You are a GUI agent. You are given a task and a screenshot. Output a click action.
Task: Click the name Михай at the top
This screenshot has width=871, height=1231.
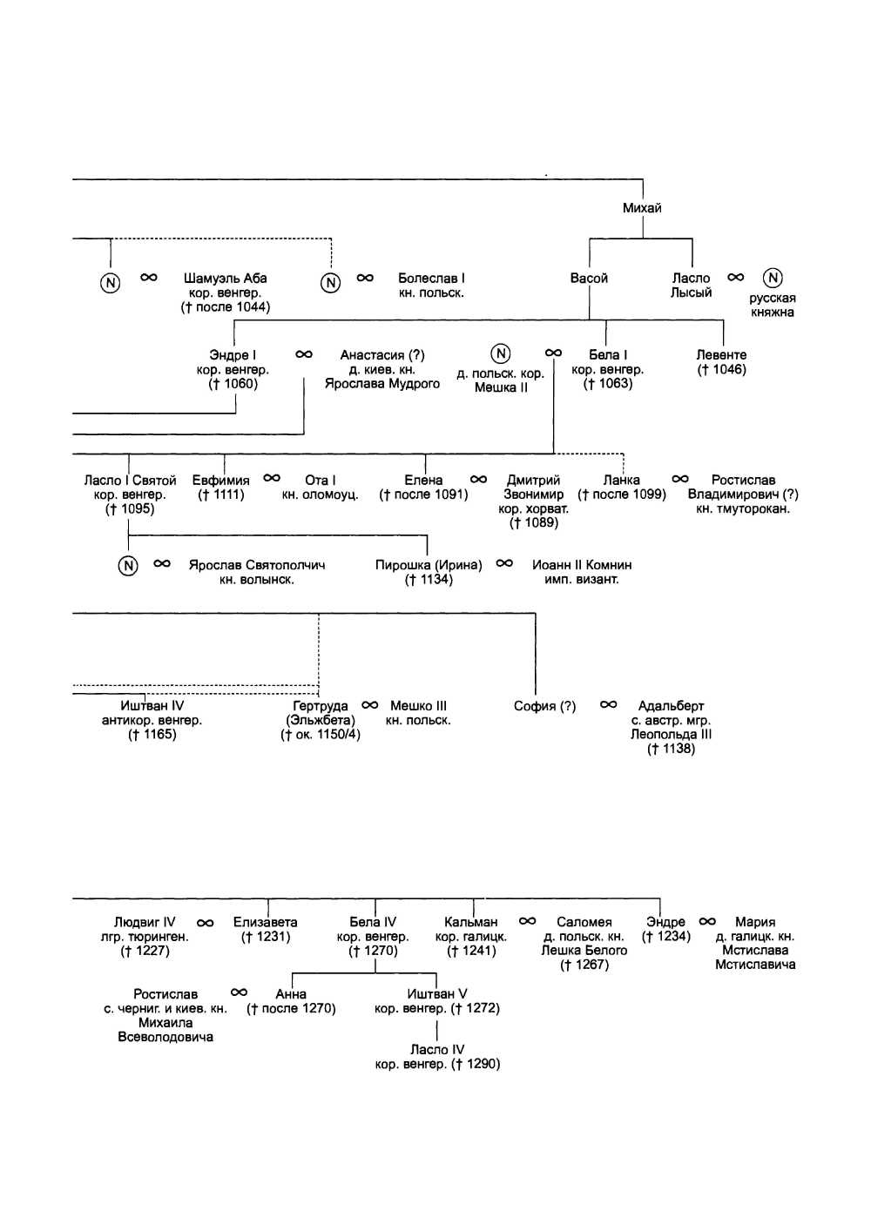(642, 208)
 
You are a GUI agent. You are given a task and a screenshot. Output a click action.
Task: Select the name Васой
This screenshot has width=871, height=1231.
(589, 279)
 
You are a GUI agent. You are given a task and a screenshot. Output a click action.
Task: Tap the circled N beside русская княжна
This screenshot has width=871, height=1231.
(773, 278)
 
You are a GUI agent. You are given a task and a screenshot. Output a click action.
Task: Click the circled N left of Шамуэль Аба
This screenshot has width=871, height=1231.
(111, 283)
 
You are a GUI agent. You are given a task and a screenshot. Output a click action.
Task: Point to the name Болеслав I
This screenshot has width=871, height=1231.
(431, 279)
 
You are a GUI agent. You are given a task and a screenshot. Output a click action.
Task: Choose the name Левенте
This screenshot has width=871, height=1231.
(721, 355)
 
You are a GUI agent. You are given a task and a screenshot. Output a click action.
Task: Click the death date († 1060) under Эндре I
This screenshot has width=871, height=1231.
(233, 384)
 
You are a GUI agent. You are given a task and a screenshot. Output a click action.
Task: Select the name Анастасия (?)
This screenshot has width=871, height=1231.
(382, 355)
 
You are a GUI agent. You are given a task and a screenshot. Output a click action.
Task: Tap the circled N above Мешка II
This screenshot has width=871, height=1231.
(501, 353)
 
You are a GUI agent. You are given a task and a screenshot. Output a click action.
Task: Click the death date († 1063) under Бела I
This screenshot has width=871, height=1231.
(608, 384)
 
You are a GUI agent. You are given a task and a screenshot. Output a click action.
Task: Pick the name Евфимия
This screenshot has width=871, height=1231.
(221, 481)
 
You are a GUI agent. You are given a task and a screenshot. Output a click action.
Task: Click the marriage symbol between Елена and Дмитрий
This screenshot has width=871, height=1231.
(478, 479)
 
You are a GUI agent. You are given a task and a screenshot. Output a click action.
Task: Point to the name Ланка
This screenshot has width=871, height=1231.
(622, 481)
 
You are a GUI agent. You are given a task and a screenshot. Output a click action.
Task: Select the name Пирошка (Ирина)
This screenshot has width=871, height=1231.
(429, 565)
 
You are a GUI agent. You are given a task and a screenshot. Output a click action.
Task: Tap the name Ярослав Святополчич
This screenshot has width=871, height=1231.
(257, 565)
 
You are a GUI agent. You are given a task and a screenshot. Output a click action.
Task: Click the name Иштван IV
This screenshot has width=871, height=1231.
(152, 706)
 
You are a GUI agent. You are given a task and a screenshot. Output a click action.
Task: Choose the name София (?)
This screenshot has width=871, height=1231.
(545, 706)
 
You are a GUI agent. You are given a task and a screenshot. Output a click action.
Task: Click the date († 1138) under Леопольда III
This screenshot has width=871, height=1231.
(671, 749)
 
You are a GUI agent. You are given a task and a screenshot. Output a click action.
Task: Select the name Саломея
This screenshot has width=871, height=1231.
(584, 922)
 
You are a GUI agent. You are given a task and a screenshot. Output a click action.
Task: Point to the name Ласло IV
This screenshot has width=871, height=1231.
(437, 1050)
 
